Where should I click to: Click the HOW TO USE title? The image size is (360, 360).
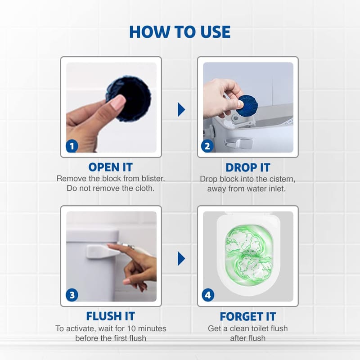[180, 32]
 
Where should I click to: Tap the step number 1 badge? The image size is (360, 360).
[72, 146]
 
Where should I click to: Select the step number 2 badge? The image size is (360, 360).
[207, 146]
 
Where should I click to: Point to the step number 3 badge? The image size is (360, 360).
[72, 295]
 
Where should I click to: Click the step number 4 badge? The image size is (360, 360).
[208, 295]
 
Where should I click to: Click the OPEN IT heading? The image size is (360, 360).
[111, 167]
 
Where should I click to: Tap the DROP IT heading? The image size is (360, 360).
[248, 167]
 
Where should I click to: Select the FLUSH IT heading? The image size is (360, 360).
[110, 316]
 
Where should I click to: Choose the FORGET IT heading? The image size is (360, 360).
[248, 317]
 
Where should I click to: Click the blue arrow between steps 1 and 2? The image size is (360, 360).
[181, 109]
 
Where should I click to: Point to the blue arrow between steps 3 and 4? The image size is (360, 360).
[181, 259]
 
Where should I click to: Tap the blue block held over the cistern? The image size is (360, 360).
[247, 106]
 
